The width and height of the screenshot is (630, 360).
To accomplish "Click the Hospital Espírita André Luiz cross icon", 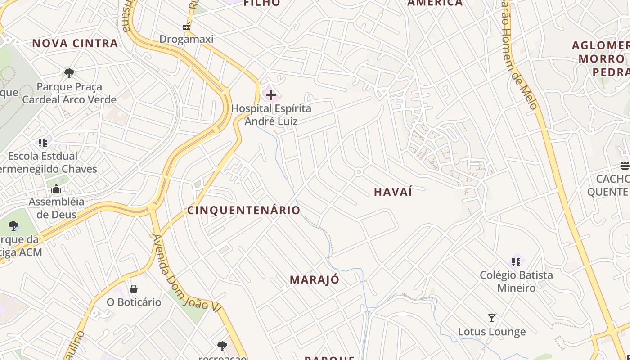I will click(270, 95).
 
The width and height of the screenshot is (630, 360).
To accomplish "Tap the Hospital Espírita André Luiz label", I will click(271, 115).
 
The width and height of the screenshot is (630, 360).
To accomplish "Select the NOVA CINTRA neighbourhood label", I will click(75, 44).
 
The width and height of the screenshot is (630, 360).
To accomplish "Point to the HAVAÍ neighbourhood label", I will click(393, 192).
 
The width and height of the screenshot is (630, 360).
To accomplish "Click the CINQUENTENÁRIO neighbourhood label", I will click(244, 210).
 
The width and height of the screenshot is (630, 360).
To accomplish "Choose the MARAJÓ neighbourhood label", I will click(315, 279).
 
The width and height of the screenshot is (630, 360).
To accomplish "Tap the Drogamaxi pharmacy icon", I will click(186, 27).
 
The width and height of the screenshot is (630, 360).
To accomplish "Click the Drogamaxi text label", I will click(186, 39).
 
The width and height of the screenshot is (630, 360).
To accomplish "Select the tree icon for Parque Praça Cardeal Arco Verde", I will click(69, 73).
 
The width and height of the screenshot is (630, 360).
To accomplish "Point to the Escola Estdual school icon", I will click(43, 143).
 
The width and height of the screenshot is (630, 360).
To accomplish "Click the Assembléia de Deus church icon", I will click(56, 189).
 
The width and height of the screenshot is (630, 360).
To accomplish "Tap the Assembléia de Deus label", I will click(56, 208).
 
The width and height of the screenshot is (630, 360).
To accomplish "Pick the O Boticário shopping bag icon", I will click(134, 288).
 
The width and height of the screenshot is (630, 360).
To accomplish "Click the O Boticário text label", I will click(134, 302).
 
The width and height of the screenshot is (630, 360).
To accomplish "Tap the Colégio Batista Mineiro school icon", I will click(516, 261).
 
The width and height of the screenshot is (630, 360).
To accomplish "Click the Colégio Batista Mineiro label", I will click(516, 281).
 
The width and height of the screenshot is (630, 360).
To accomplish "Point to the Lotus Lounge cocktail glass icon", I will click(492, 318).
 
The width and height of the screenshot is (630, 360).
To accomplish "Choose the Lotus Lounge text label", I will click(492, 332).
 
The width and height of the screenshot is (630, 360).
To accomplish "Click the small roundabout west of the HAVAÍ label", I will click(359, 172).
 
